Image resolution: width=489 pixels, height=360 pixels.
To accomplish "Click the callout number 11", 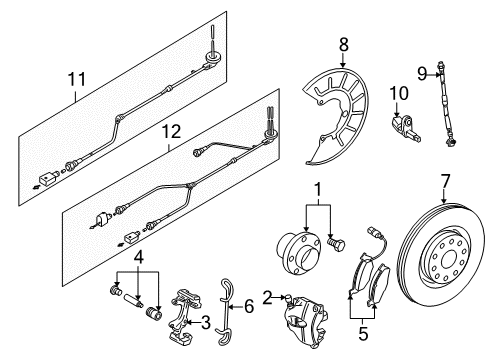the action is [x=77, y=79].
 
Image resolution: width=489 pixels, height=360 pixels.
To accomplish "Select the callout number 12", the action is [x=171, y=131].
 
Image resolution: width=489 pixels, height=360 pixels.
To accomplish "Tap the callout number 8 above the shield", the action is [x=343, y=44].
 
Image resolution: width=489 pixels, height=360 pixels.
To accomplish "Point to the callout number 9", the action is [x=422, y=73].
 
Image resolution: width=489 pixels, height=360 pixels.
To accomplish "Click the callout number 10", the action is [x=399, y=93].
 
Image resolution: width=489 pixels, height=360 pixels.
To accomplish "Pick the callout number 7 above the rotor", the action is [x=445, y=181].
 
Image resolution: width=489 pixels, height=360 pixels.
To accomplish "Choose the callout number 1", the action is [x=318, y=190].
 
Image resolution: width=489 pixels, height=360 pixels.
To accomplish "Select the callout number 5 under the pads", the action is [x=363, y=333].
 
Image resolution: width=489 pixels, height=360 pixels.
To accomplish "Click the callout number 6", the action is [x=249, y=306].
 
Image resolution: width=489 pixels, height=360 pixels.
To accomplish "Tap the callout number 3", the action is [x=206, y=322].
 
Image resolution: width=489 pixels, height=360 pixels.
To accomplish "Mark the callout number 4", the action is [x=139, y=257].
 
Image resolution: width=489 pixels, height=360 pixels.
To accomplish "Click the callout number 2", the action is [x=267, y=298].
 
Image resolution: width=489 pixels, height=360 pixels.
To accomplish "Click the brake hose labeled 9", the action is [x=446, y=104].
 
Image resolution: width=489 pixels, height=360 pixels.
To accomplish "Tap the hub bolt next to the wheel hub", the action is [x=336, y=244].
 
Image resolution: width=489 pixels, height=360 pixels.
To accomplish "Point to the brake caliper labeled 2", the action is [x=307, y=320].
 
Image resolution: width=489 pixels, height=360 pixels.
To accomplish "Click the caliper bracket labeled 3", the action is [x=185, y=314].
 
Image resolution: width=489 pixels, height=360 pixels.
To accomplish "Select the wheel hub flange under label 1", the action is [x=299, y=253].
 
